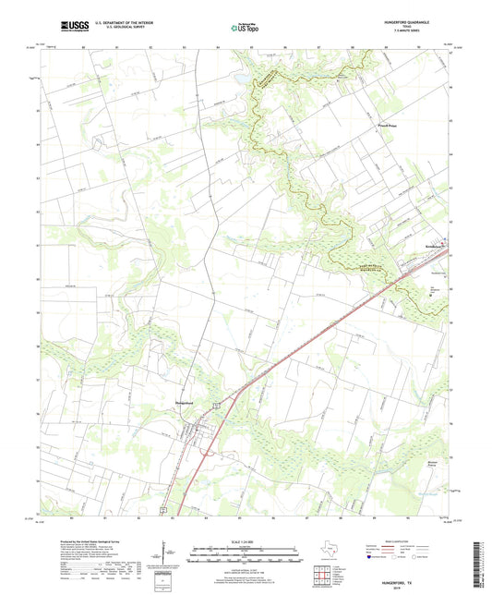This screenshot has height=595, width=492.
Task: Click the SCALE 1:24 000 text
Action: [245, 540]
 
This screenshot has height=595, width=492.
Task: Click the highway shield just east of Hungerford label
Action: [215, 404]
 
